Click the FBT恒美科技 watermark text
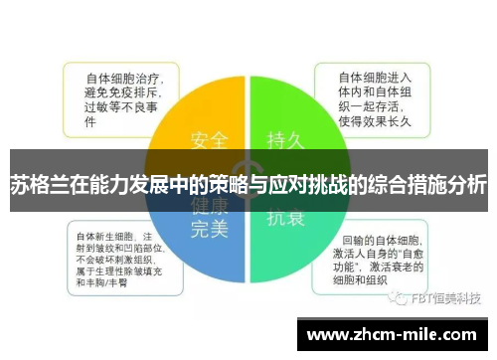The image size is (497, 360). [447, 297]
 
